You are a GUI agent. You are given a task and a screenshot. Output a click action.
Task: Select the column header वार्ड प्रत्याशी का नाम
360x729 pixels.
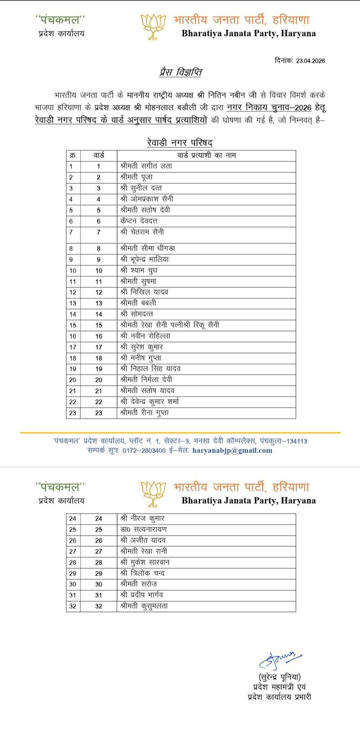(x=206, y=155)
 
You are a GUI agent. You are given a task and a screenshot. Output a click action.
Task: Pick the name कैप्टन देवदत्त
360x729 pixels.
(x=139, y=221)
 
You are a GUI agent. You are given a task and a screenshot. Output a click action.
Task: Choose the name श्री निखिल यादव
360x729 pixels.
(x=144, y=292)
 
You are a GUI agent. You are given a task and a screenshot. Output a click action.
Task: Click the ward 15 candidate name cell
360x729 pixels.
(x=170, y=325)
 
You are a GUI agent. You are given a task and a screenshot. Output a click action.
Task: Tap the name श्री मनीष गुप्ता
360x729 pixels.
(x=141, y=358)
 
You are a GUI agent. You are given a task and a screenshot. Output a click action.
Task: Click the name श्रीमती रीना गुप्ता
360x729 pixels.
(x=145, y=413)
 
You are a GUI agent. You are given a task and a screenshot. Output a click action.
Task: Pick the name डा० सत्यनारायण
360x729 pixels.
(x=143, y=529)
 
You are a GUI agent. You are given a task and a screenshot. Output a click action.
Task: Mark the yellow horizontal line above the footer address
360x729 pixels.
(x=180, y=432)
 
